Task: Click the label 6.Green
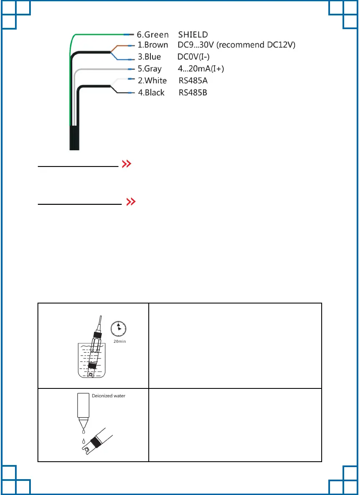point(153,35)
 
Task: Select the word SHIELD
point(193,35)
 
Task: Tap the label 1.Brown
point(153,45)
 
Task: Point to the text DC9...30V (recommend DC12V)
point(237,45)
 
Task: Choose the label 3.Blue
point(149,57)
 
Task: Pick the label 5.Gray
point(150,69)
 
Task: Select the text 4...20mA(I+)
point(201,69)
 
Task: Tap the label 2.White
point(152,80)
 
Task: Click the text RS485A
point(193,80)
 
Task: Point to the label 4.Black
point(151,92)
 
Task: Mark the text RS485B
point(193,92)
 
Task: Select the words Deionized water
point(108,396)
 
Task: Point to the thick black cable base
point(74,137)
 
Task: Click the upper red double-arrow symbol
point(127,165)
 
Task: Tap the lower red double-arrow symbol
point(131,202)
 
